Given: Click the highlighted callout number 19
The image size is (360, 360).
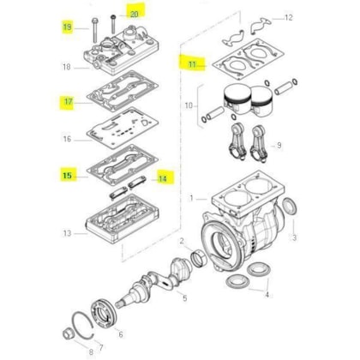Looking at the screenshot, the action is point(67,27).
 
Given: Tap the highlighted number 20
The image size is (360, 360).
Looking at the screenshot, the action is point(135,14).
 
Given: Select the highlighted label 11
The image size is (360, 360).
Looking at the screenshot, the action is point(193,64).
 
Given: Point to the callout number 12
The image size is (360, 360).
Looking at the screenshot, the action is point(289,17).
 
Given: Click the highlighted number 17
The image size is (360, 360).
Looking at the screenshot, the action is point(69,101).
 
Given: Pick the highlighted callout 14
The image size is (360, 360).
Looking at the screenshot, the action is point(163,179).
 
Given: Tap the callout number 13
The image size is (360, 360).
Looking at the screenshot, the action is point(67,233).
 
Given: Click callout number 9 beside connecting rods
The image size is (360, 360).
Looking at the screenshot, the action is point(279,146).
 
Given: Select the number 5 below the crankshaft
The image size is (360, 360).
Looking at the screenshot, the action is point(185,298).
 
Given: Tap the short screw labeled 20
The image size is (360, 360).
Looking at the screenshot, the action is point(113,23).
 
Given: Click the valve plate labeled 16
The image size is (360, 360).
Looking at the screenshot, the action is point(123,128).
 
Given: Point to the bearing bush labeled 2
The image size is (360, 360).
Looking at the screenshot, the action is point(198,258).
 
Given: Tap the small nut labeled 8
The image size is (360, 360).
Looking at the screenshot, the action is point(68,334).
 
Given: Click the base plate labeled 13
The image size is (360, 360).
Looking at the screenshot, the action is point(123,219).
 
